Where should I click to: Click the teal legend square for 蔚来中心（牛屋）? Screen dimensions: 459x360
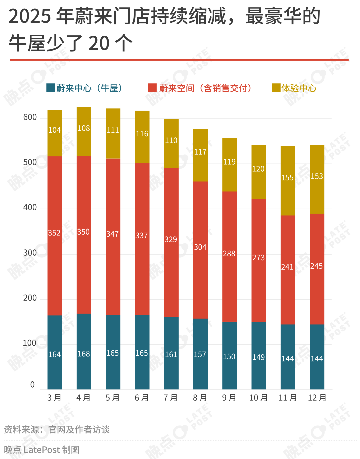click(x=50, y=88)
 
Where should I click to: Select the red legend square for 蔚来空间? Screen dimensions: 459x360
click(x=152, y=88)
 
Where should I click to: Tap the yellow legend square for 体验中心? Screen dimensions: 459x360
click(x=276, y=88)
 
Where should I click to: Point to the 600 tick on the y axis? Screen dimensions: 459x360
click(x=30, y=117)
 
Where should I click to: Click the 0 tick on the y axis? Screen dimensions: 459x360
click(x=32, y=385)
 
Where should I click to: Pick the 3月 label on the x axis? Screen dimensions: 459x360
click(x=54, y=398)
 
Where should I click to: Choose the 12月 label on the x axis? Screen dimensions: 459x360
click(x=317, y=398)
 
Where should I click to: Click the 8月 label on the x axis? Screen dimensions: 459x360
click(x=200, y=398)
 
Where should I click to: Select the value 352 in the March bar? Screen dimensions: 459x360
click(x=54, y=233)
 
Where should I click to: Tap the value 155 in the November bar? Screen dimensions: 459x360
click(x=287, y=178)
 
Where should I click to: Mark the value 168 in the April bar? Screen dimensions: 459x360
click(x=84, y=354)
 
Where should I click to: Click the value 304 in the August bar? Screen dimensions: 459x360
click(x=200, y=247)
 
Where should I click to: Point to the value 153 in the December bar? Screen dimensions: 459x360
click(x=317, y=176)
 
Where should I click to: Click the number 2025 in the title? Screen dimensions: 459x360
click(x=30, y=16)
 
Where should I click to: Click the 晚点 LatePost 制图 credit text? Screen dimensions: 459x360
click(x=42, y=450)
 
